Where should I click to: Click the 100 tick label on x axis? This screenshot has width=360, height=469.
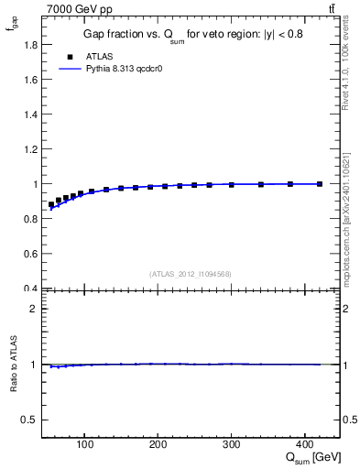click(85, 445)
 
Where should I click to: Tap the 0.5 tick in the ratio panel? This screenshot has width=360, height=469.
click(32, 420)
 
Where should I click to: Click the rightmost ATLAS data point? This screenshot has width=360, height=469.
click(320, 184)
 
